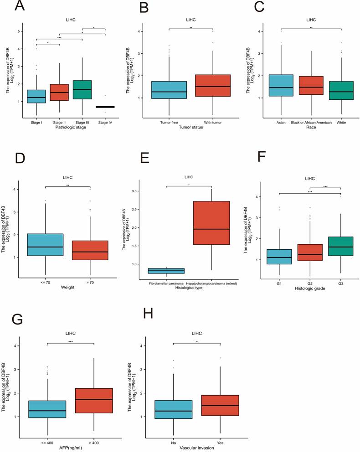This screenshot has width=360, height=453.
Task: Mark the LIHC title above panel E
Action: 188,177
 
